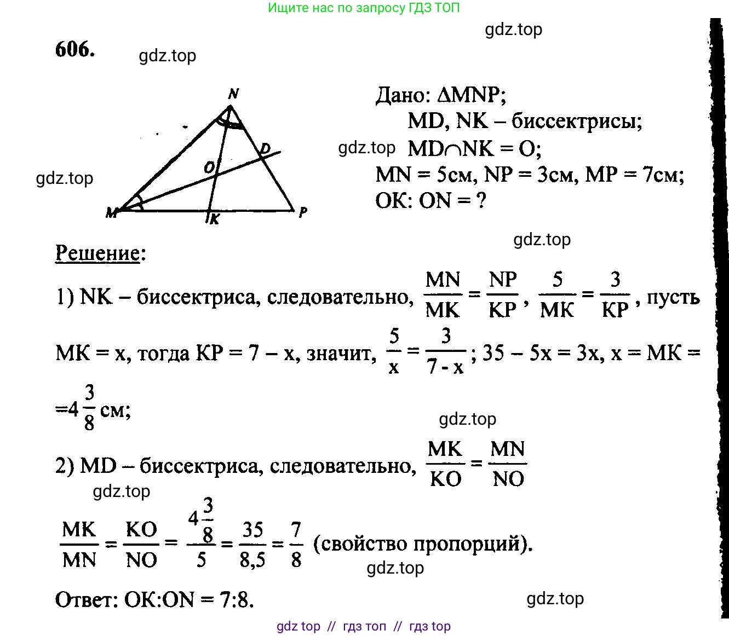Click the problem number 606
[x=75, y=49]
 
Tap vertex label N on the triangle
[x=233, y=94]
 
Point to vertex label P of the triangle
[x=303, y=212]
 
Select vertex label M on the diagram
[x=111, y=213]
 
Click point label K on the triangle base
[x=215, y=219]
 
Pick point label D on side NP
[x=265, y=148]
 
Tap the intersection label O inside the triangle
[x=209, y=166]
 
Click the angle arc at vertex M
[x=140, y=201]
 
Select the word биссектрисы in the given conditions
[x=577, y=122]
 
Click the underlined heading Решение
[x=97, y=253]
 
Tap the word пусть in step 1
[x=673, y=298]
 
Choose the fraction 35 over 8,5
[x=252, y=545]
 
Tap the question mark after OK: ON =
[x=481, y=200]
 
